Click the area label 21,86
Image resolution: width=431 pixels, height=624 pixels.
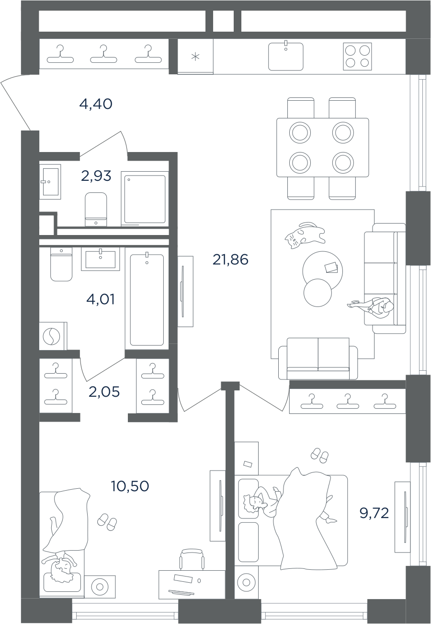pyautogui.click(x=230, y=259)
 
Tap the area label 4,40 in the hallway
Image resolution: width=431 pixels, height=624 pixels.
pyautogui.click(x=96, y=104)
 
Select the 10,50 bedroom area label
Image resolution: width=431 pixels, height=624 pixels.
pyautogui.click(x=130, y=486)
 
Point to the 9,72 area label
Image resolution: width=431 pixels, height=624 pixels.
pyautogui.click(x=374, y=513)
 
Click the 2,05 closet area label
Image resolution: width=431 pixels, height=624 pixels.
pyautogui.click(x=104, y=392)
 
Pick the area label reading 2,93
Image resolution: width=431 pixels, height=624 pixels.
pyautogui.click(x=96, y=176)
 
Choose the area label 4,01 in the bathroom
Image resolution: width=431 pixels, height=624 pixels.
pyautogui.click(x=101, y=299)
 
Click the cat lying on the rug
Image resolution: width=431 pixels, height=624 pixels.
pyautogui.click(x=305, y=235)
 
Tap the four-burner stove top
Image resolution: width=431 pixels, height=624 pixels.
pyautogui.click(x=357, y=56)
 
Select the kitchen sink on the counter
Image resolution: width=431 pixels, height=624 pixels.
pyautogui.click(x=285, y=56)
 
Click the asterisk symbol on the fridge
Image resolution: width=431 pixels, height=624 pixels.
pyautogui.click(x=195, y=57)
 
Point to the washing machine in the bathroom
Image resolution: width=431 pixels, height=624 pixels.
pyautogui.click(x=53, y=336)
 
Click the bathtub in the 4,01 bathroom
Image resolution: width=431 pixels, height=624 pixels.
pyautogui.click(x=147, y=298)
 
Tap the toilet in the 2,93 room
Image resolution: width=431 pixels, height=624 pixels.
pyautogui.click(x=96, y=209)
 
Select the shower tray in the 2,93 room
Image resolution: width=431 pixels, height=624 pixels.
pyautogui.click(x=145, y=199)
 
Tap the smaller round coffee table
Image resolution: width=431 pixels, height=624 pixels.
pyautogui.click(x=318, y=293)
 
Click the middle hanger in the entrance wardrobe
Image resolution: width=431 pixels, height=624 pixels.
pyautogui.click(x=103, y=54)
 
